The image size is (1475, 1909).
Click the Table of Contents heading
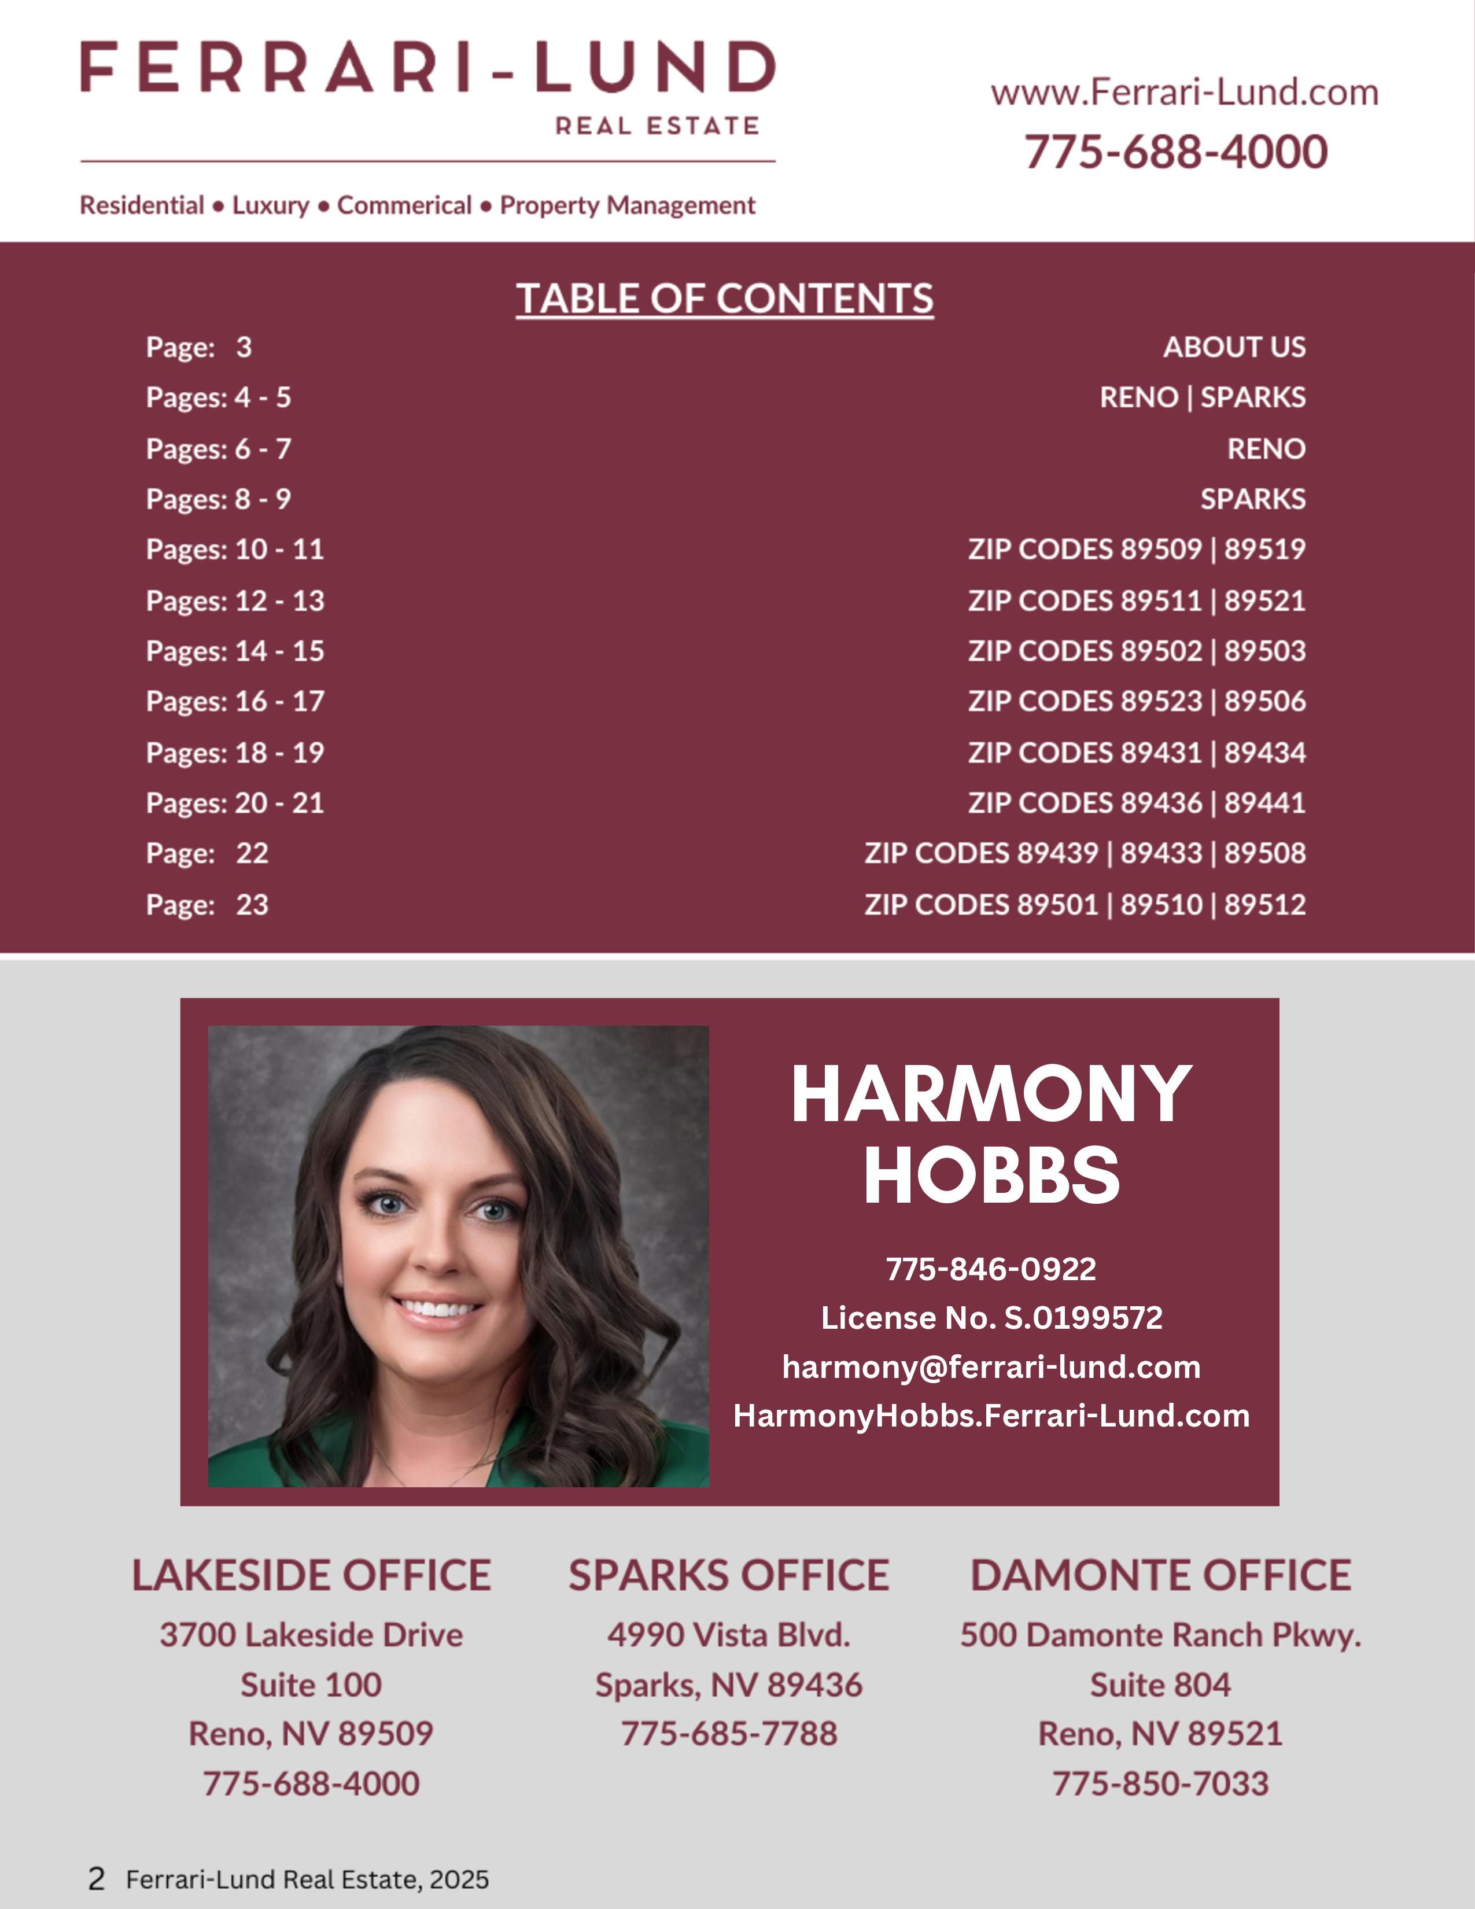pyautogui.click(x=724, y=299)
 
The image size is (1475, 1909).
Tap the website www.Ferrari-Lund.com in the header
pyautogui.click(x=1184, y=93)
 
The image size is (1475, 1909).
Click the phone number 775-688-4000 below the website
pyautogui.click(x=1175, y=152)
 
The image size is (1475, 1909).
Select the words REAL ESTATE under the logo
pyautogui.click(x=657, y=127)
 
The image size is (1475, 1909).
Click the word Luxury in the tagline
pyautogui.click(x=270, y=205)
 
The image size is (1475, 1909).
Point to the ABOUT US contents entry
pyautogui.click(x=1234, y=347)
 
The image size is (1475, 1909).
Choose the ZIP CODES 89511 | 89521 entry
pyautogui.click(x=1136, y=600)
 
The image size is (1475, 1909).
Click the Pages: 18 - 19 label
pyautogui.click(x=235, y=753)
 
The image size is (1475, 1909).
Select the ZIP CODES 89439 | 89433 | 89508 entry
pyautogui.click(x=1085, y=853)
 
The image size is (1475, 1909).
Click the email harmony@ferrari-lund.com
pyautogui.click(x=991, y=1367)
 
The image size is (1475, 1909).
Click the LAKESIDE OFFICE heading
pyautogui.click(x=311, y=1575)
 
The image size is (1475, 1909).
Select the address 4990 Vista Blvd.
pyautogui.click(x=729, y=1635)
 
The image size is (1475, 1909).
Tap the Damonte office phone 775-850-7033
pyautogui.click(x=1160, y=1783)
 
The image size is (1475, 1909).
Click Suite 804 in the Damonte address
pyautogui.click(x=1160, y=1685)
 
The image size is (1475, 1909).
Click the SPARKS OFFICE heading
pyautogui.click(x=729, y=1575)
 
